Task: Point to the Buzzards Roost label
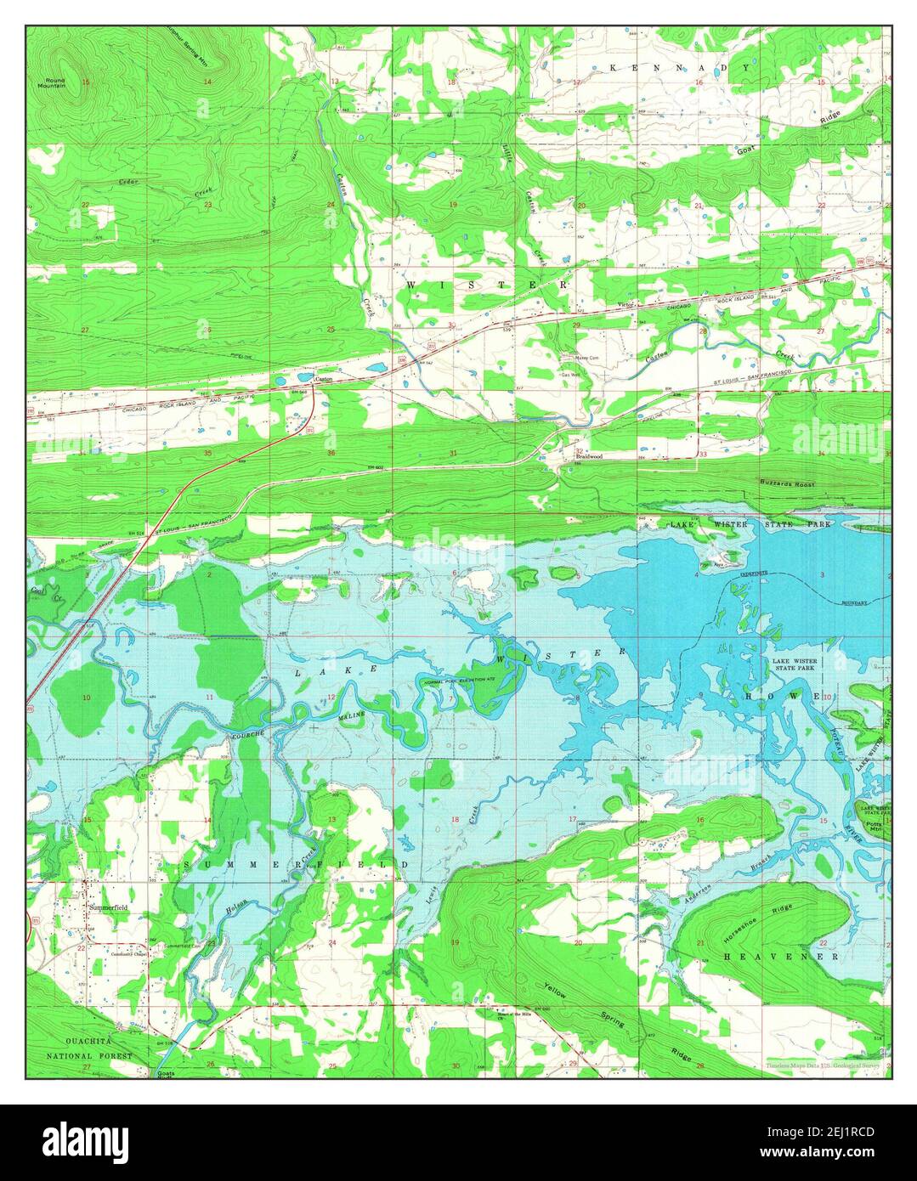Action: (786, 483)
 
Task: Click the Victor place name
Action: (625, 304)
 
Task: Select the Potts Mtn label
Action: (873, 824)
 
